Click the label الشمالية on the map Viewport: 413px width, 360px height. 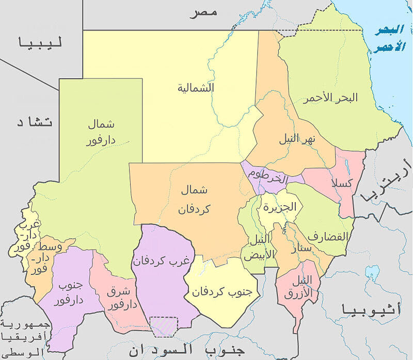196,88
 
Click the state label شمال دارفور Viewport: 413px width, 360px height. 101,132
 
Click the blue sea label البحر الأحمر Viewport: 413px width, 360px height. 389,38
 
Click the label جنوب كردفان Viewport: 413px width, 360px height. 222,291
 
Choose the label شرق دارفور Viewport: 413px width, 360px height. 122,298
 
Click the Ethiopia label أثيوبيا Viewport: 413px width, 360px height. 370,310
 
